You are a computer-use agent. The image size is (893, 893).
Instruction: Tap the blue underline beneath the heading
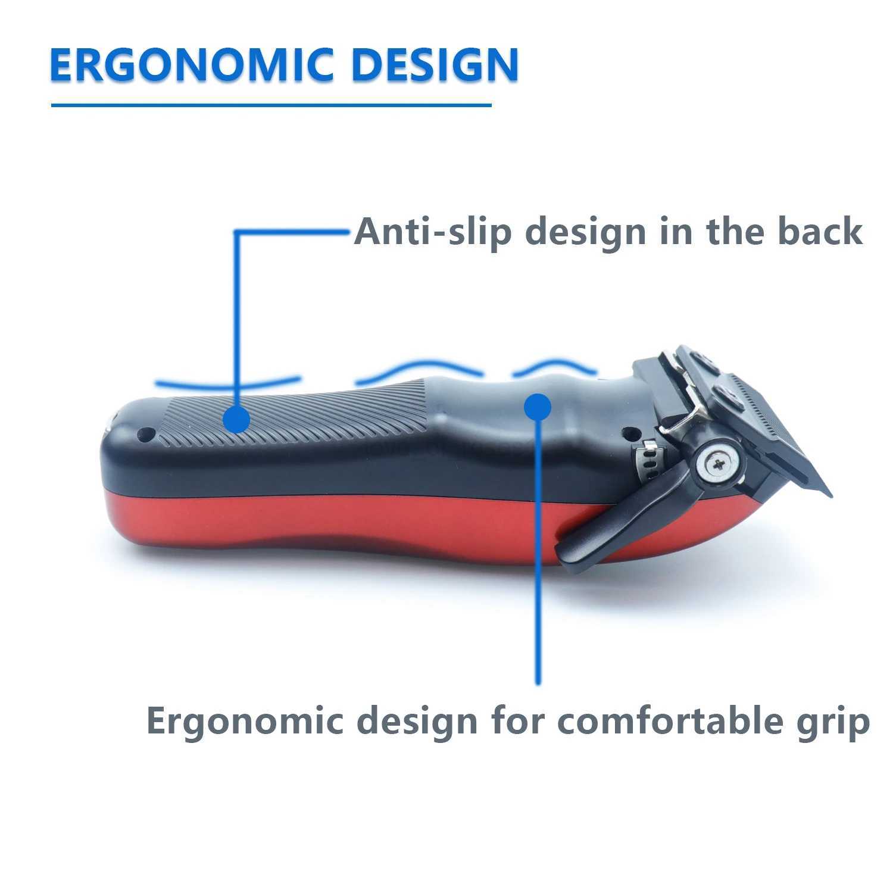tap(271, 105)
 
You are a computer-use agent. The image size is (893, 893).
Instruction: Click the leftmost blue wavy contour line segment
tap(226, 382)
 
